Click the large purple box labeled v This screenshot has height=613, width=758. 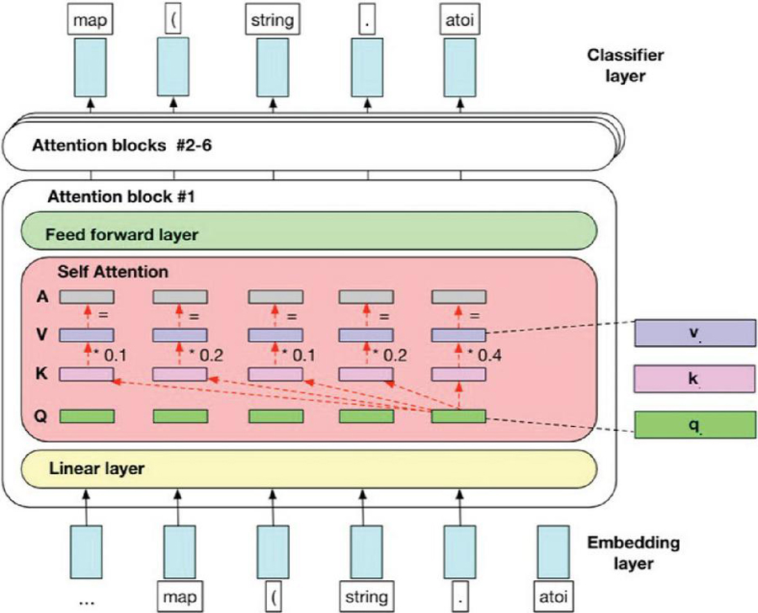click(694, 333)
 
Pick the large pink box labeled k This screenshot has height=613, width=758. click(694, 379)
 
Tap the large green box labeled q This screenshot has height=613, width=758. click(694, 424)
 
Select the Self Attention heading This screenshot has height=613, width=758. click(112, 273)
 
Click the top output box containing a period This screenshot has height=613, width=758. click(366, 19)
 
